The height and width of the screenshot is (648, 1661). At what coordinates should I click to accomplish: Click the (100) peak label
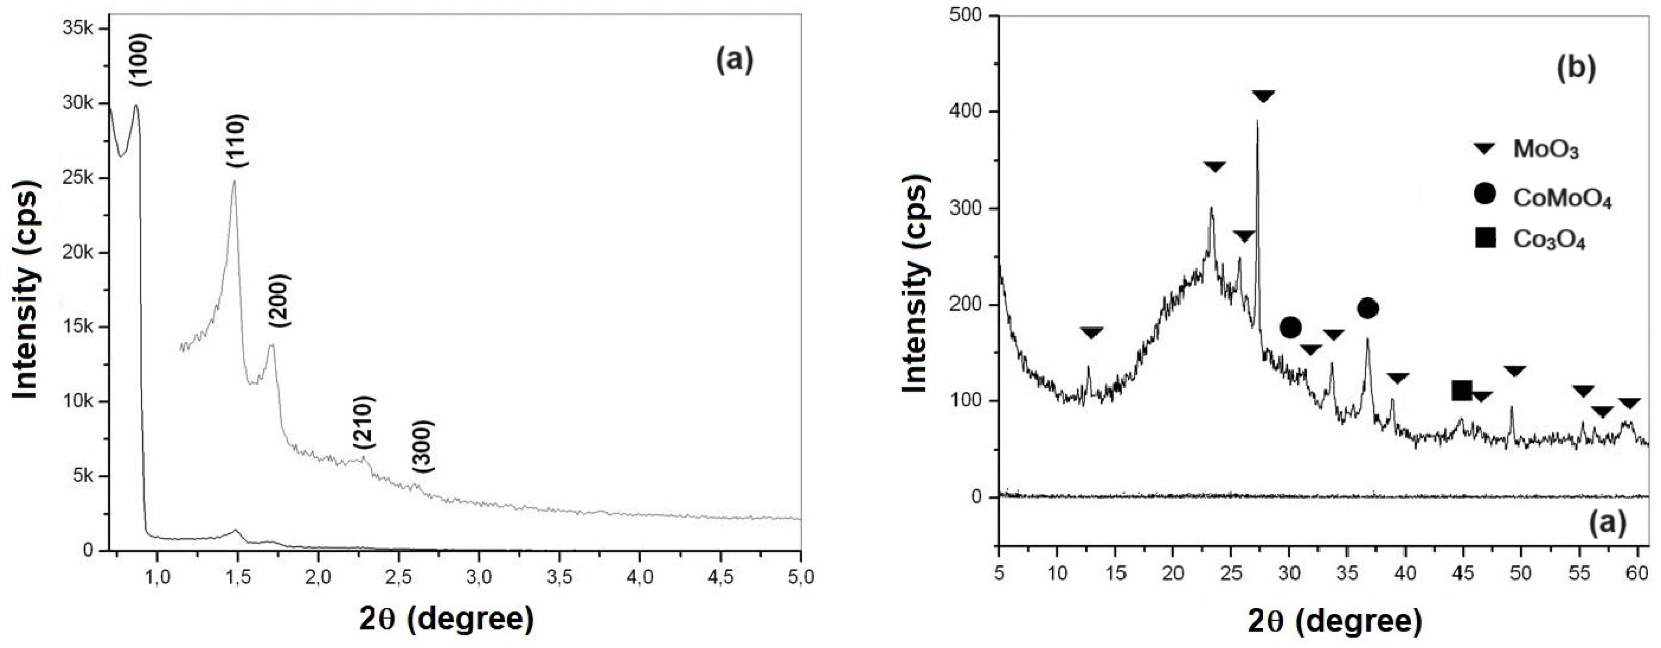coord(141,60)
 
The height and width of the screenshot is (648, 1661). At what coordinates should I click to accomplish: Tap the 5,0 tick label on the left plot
coord(800,577)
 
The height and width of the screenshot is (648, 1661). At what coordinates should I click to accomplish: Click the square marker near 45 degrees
coord(1462,390)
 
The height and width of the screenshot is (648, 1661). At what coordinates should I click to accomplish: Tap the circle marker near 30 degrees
coord(1290,328)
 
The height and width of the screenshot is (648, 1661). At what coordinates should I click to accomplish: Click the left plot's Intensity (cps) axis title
coord(26,288)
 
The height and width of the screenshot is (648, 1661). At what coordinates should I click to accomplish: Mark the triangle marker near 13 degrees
coord(1092,333)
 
